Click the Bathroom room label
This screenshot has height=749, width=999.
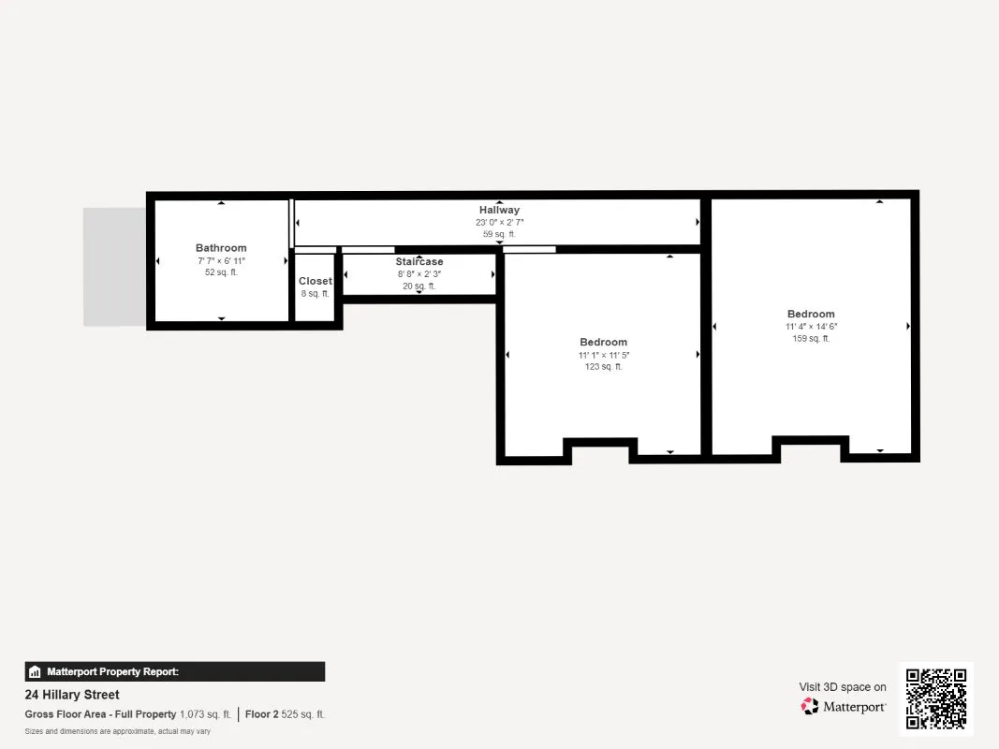click(221, 248)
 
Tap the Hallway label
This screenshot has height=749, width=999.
click(500, 210)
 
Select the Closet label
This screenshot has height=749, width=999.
click(316, 281)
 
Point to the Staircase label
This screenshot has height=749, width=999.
click(419, 262)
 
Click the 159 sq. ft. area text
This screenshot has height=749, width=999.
click(811, 339)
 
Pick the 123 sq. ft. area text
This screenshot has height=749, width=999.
click(603, 367)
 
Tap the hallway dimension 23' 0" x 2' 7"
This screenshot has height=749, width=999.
click(500, 222)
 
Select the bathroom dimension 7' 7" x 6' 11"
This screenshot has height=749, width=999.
click(221, 260)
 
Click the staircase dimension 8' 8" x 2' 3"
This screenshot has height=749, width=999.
click(419, 274)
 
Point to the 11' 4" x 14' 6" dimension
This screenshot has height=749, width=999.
click(811, 326)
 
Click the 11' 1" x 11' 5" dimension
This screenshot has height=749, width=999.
click(603, 355)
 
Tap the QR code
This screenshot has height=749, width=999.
click(936, 698)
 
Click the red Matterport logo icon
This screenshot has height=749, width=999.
click(810, 706)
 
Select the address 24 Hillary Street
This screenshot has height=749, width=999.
click(72, 695)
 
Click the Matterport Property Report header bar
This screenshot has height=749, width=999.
click(174, 672)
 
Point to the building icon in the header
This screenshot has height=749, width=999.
click(35, 672)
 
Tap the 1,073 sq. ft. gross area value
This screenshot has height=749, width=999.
click(205, 714)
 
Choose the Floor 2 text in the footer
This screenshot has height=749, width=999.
click(261, 714)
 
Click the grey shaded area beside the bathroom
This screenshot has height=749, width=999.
click(114, 267)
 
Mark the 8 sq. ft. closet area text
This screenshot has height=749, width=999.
click(316, 294)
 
